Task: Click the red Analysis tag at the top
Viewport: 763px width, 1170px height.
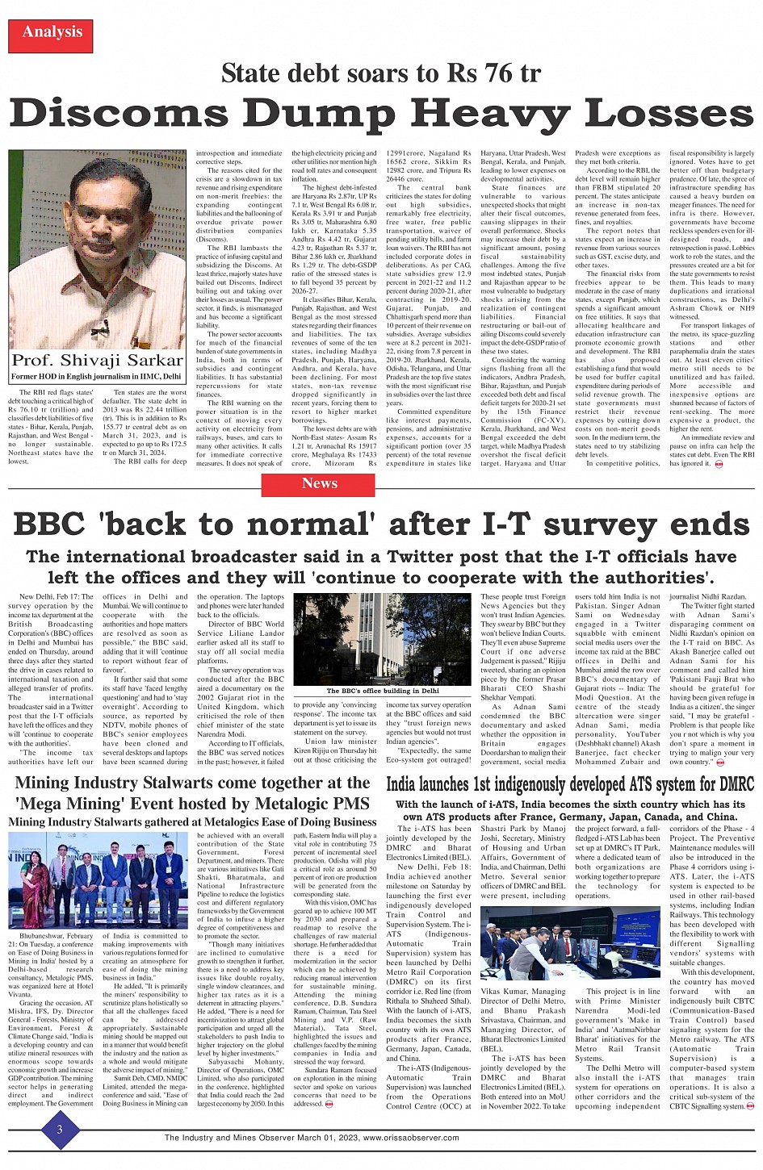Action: [52, 32]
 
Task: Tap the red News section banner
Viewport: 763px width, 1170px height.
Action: [319, 484]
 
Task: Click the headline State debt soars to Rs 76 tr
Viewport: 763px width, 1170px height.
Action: [380, 73]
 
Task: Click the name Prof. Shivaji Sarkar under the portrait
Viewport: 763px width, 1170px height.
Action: [98, 360]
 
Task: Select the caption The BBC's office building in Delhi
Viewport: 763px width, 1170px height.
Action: [383, 691]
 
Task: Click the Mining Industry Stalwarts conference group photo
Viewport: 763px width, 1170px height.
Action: [98, 880]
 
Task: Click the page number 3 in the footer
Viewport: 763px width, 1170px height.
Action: [59, 1130]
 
